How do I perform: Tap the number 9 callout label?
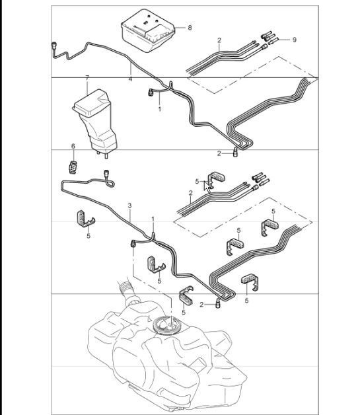[x=294, y=40]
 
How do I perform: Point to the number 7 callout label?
[x=87, y=78]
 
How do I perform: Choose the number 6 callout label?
[x=73, y=145]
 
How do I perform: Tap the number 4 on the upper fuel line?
[x=130, y=79]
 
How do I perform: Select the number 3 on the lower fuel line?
[x=130, y=206]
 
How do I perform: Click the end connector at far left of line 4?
[x=52, y=46]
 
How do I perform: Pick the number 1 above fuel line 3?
[x=153, y=219]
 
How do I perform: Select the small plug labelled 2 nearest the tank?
[x=215, y=303]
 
